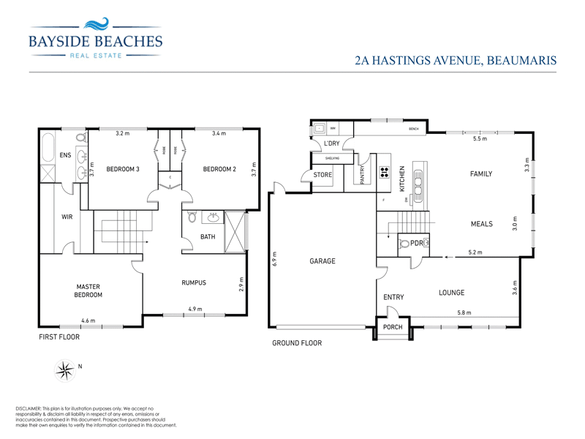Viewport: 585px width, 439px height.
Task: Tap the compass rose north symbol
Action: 65,370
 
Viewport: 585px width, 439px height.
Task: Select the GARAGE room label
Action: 322,260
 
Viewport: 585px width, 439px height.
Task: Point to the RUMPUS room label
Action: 194,283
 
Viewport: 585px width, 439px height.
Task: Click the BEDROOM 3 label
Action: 123,169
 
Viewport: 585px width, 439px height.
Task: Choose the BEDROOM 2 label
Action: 219,169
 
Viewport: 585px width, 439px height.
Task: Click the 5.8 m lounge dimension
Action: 464,312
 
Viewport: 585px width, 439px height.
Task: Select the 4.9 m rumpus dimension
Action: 195,309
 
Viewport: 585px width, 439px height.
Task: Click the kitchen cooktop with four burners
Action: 384,173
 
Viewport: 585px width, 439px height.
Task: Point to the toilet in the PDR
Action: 403,244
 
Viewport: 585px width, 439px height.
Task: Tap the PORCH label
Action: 393,327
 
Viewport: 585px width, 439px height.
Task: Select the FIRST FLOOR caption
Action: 60,337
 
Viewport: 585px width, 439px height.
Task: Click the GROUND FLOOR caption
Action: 297,342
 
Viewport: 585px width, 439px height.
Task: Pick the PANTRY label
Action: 362,174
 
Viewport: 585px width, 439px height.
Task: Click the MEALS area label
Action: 481,224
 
